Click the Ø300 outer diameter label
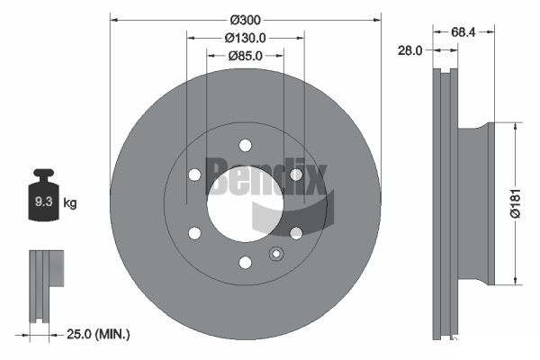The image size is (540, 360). click(x=246, y=20)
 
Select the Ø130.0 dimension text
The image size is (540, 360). click(x=246, y=39)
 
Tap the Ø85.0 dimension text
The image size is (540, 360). click(x=245, y=57)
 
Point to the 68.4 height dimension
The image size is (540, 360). click(x=463, y=32)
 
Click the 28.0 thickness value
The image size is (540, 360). click(x=409, y=51)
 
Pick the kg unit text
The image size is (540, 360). click(x=70, y=203)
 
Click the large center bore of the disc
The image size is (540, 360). click(x=244, y=203)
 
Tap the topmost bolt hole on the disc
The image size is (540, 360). click(x=245, y=145)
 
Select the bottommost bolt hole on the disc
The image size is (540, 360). click(x=245, y=262)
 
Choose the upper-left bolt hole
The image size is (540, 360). click(x=194, y=175)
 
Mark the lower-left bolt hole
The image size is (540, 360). click(x=194, y=233)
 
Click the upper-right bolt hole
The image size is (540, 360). click(x=295, y=175)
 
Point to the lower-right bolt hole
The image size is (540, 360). click(x=295, y=233)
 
